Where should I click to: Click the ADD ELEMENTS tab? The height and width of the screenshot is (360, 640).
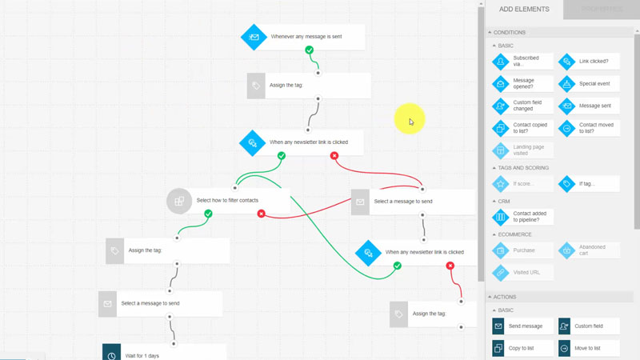tap(524, 10)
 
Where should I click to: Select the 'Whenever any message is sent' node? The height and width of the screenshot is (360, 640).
tap(304, 37)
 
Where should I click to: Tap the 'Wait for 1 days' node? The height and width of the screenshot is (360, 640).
tap(164, 354)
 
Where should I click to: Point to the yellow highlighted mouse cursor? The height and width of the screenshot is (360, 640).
tap(410, 120)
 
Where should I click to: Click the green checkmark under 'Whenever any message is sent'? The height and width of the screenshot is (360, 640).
tap(310, 50)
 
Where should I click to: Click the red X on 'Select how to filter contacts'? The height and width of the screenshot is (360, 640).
tap(262, 214)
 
